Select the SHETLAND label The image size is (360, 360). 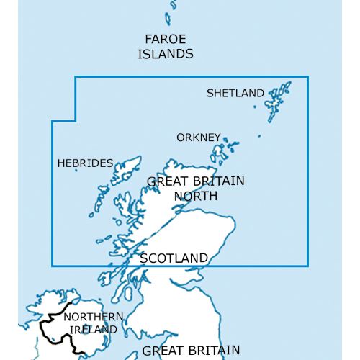235,93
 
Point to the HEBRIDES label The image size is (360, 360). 85,163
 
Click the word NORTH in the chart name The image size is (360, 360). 196,195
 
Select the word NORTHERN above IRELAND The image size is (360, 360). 94,317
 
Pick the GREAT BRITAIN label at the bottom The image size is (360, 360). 191,351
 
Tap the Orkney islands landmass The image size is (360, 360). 218,152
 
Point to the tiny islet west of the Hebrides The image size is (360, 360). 76,170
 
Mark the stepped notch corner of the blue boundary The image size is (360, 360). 76,121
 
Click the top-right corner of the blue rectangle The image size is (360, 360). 308,76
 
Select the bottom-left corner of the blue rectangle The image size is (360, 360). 52,265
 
